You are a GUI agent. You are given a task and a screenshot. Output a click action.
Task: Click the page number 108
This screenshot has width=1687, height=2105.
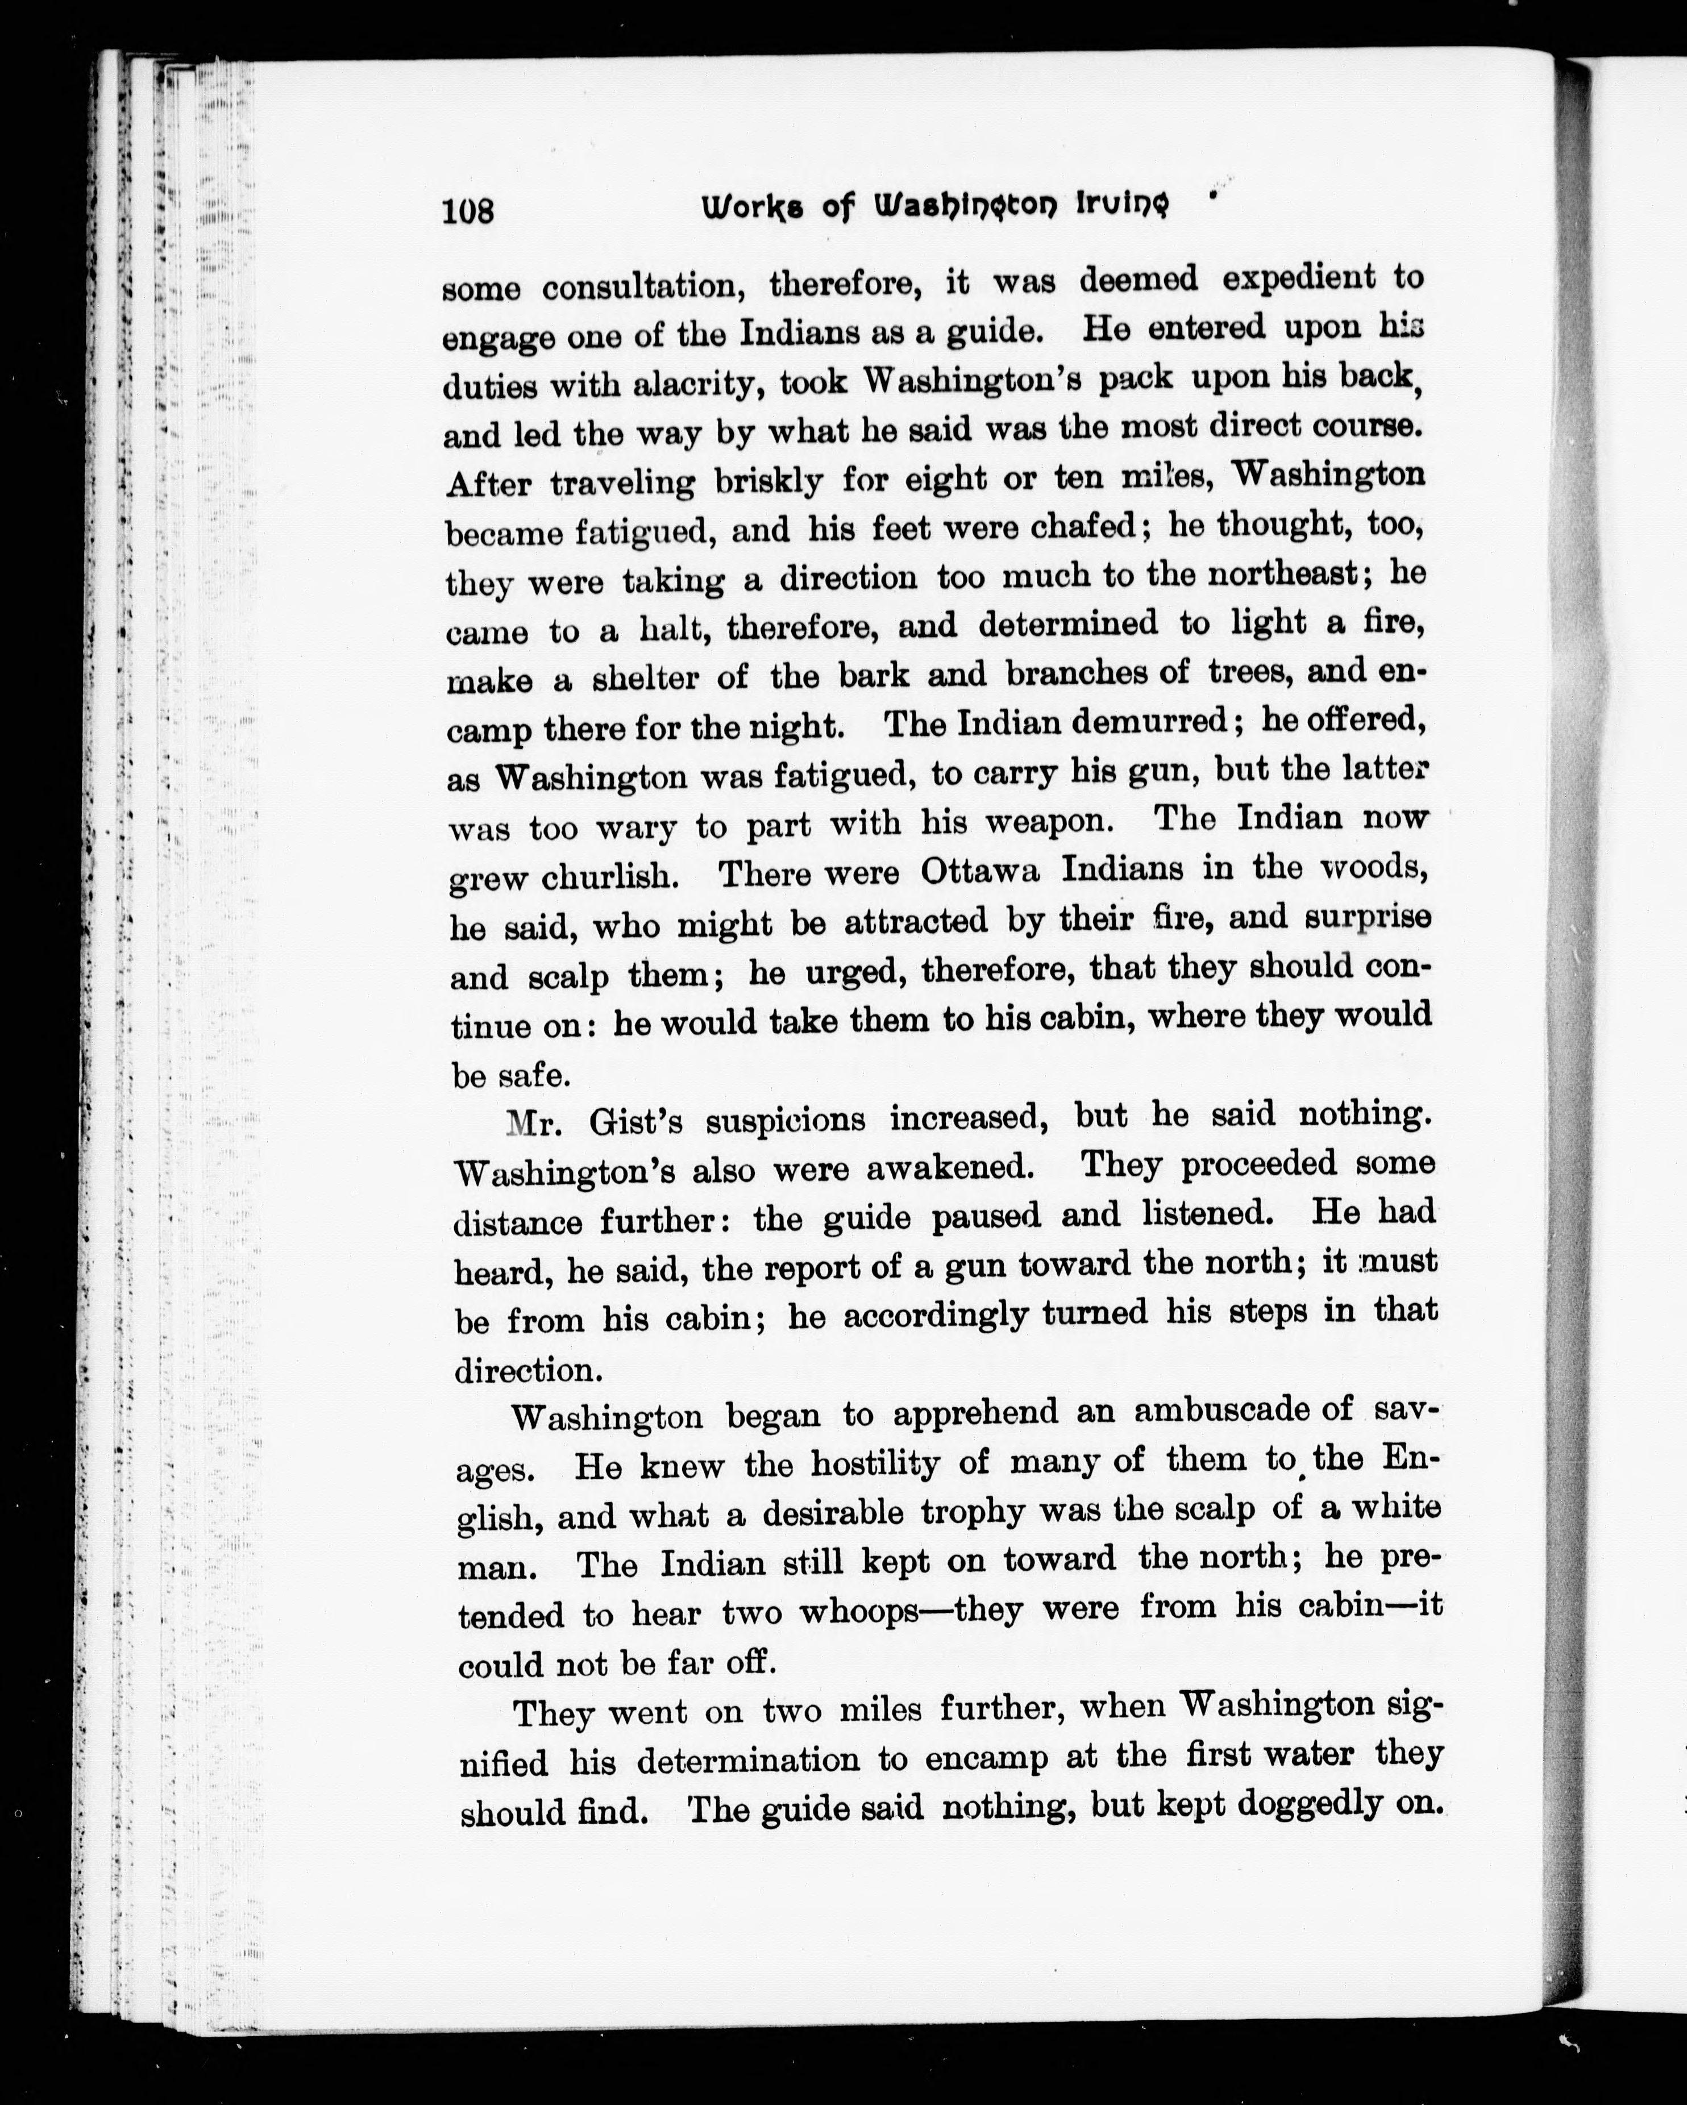468,211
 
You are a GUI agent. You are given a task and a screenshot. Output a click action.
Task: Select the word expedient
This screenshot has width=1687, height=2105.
1295,278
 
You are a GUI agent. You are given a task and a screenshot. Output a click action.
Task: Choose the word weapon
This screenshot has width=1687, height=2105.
1048,822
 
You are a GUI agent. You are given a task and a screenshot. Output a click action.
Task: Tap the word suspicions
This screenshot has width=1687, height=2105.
785,1120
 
